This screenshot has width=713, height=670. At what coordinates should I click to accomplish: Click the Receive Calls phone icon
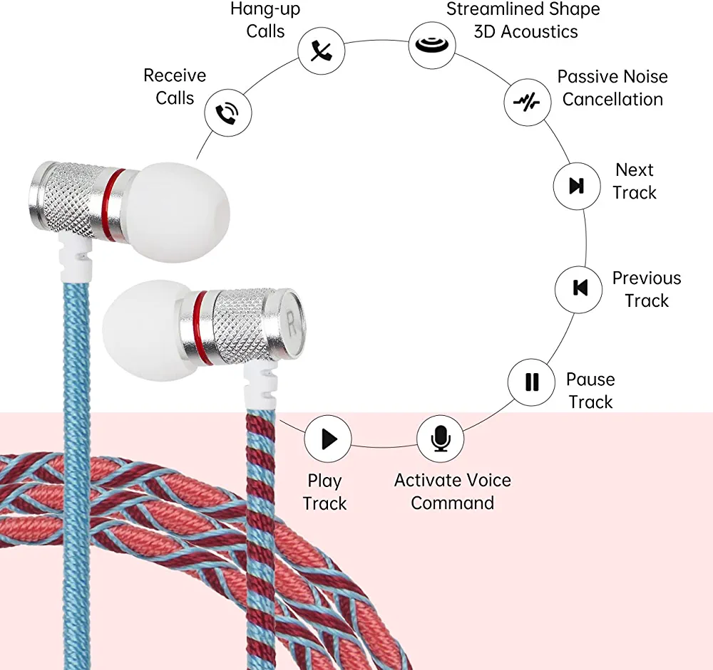point(227,112)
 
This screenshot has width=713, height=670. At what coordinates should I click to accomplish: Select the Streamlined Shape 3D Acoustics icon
point(432,45)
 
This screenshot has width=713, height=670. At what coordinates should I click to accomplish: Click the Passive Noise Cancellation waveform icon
point(528,101)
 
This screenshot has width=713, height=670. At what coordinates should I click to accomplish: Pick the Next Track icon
point(577,186)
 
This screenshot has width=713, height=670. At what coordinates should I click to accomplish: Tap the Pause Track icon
point(531,382)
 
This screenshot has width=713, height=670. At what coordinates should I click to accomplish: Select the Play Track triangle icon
point(328,439)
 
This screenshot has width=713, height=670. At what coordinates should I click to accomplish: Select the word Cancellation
point(612,99)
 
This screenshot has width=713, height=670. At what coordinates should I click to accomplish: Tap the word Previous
point(647,278)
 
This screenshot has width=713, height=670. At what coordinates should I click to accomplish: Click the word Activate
point(434,480)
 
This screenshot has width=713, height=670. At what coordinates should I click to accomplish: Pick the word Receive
point(175,75)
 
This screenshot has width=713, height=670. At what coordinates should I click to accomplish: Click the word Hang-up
point(265,9)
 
